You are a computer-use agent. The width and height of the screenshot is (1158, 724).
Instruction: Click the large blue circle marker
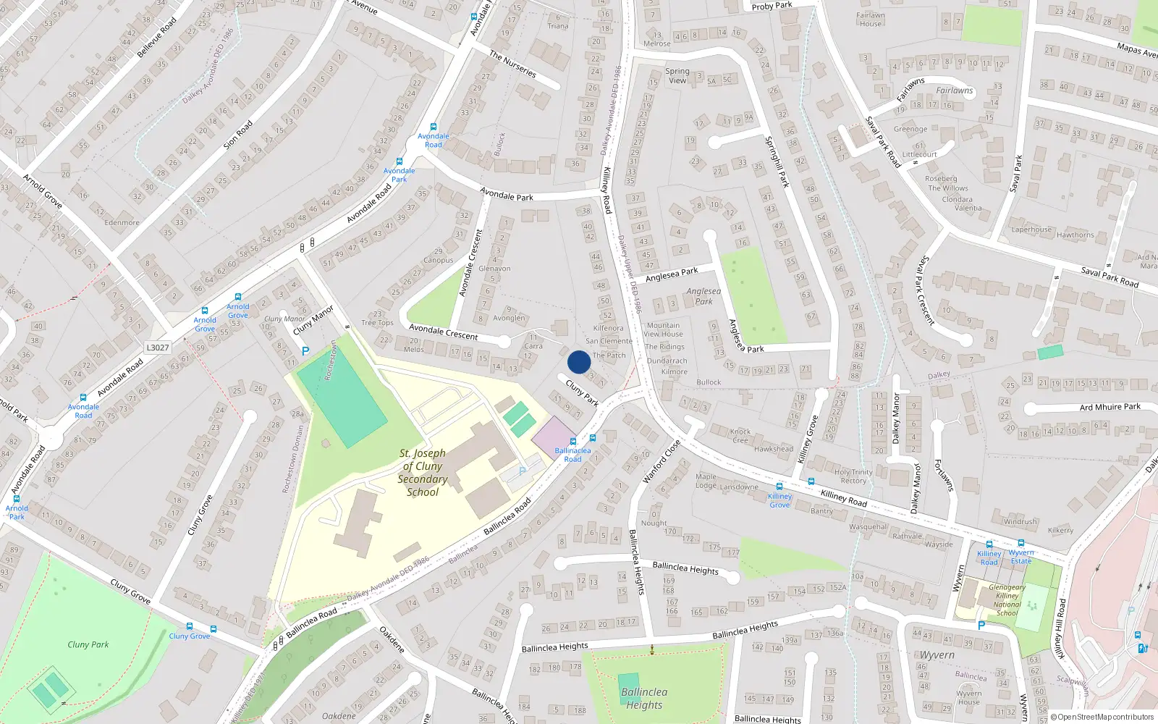(x=579, y=362)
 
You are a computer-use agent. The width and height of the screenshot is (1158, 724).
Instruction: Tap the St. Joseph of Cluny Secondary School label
(x=423, y=473)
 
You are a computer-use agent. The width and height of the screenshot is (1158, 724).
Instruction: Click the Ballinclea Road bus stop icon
(x=573, y=441)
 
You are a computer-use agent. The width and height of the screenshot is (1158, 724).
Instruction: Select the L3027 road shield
(x=158, y=348)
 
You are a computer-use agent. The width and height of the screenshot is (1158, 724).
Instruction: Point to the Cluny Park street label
(x=583, y=392)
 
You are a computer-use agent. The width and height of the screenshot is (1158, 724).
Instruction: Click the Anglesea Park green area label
(x=703, y=296)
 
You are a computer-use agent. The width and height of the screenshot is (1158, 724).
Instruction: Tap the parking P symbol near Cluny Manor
(x=305, y=351)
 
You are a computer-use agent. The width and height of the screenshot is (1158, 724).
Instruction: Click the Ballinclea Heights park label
(x=644, y=699)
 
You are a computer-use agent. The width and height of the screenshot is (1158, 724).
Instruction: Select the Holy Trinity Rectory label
(x=853, y=476)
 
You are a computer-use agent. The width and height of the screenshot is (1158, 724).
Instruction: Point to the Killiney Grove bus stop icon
(x=779, y=487)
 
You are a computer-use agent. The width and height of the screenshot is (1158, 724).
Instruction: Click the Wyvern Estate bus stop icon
(x=1021, y=543)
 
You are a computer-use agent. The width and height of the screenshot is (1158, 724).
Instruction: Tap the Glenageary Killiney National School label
(x=1007, y=600)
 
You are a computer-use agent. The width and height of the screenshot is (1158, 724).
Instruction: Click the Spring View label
(x=677, y=76)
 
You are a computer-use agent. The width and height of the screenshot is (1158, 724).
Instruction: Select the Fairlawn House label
(x=871, y=20)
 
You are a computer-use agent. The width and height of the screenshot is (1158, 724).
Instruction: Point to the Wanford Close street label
(x=662, y=462)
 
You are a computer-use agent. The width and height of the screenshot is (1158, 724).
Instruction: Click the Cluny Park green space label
(x=88, y=644)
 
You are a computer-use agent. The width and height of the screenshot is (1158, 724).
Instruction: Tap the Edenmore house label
(x=122, y=222)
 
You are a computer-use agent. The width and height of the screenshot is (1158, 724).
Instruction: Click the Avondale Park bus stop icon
(x=399, y=162)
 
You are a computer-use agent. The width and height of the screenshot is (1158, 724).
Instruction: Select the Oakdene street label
(x=392, y=639)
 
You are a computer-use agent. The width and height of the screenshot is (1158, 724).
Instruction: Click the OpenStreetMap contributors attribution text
(x=1102, y=717)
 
